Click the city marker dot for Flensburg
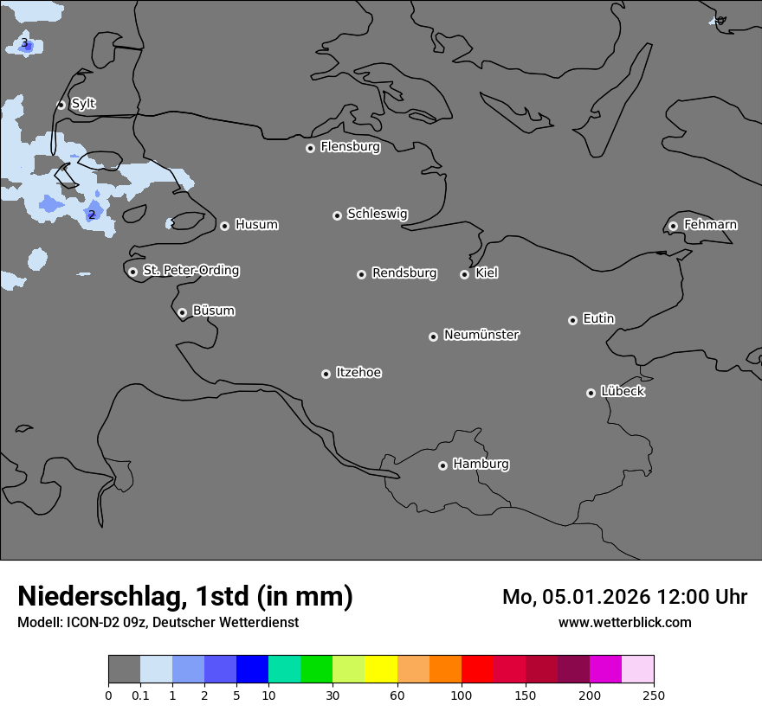coord(310,148)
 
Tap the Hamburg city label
coord(481,464)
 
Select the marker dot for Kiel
coord(464,274)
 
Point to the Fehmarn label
coord(710,225)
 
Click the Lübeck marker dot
coord(591,393)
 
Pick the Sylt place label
coord(83,104)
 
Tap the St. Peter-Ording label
coord(190,271)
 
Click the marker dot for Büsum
coord(182,312)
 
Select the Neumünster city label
coord(481,335)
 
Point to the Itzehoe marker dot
coord(326,374)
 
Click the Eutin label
coord(598,319)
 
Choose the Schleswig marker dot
coord(337,215)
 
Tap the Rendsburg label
coord(404,273)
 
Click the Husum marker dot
coord(224,226)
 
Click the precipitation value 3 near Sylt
coord(24,43)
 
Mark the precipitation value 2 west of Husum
coord(92,215)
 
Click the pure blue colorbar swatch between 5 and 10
coord(252,670)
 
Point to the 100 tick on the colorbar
coord(462,695)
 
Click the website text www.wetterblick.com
coord(624,622)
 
